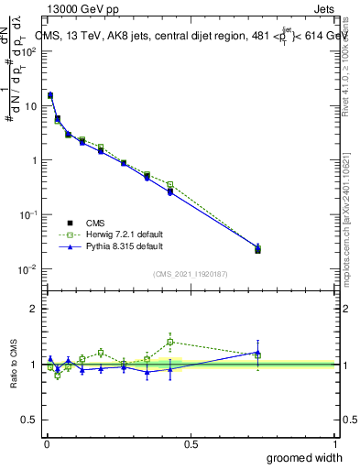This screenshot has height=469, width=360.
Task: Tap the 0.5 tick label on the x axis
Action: [x=190, y=444]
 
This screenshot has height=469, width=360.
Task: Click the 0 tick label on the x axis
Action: [x=45, y=444]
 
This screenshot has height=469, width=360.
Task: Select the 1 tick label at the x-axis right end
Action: [x=334, y=444]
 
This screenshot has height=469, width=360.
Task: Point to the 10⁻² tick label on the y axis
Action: [x=28, y=269]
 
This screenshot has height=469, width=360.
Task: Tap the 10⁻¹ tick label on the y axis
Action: [x=28, y=214]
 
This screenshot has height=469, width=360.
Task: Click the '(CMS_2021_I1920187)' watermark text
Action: [x=190, y=273]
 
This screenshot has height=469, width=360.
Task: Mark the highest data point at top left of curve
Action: [x=50, y=95]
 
